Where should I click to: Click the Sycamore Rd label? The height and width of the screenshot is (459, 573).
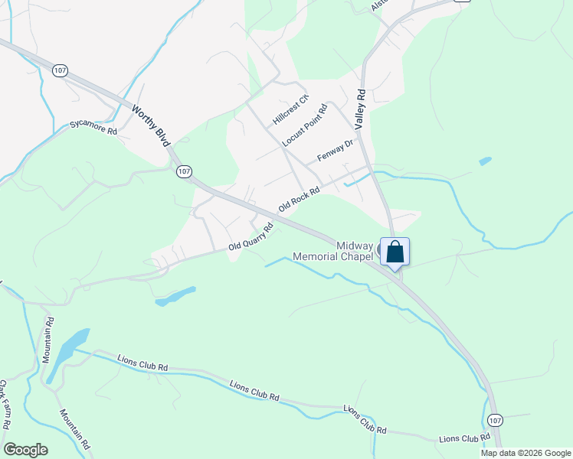pyautogui.click(x=93, y=127)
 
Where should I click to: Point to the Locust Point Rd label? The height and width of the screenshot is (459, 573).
pyautogui.click(x=304, y=125)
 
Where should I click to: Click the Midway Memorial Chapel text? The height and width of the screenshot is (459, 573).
pyautogui.click(x=336, y=251)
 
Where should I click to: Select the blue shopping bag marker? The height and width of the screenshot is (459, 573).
pyautogui.click(x=395, y=252)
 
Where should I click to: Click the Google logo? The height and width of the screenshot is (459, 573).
pyautogui.click(x=25, y=450)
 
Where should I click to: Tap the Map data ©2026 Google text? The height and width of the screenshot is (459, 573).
pyautogui.click(x=526, y=453)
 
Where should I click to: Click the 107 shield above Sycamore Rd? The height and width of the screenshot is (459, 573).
pyautogui.click(x=61, y=70)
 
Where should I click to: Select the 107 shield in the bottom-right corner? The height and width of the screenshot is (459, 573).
pyautogui.click(x=495, y=420)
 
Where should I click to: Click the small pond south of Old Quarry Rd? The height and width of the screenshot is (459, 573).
pyautogui.click(x=175, y=295)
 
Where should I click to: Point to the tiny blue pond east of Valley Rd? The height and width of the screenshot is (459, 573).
pyautogui.click(x=484, y=161)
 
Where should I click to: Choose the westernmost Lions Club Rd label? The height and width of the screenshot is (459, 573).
pyautogui.click(x=142, y=362)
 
